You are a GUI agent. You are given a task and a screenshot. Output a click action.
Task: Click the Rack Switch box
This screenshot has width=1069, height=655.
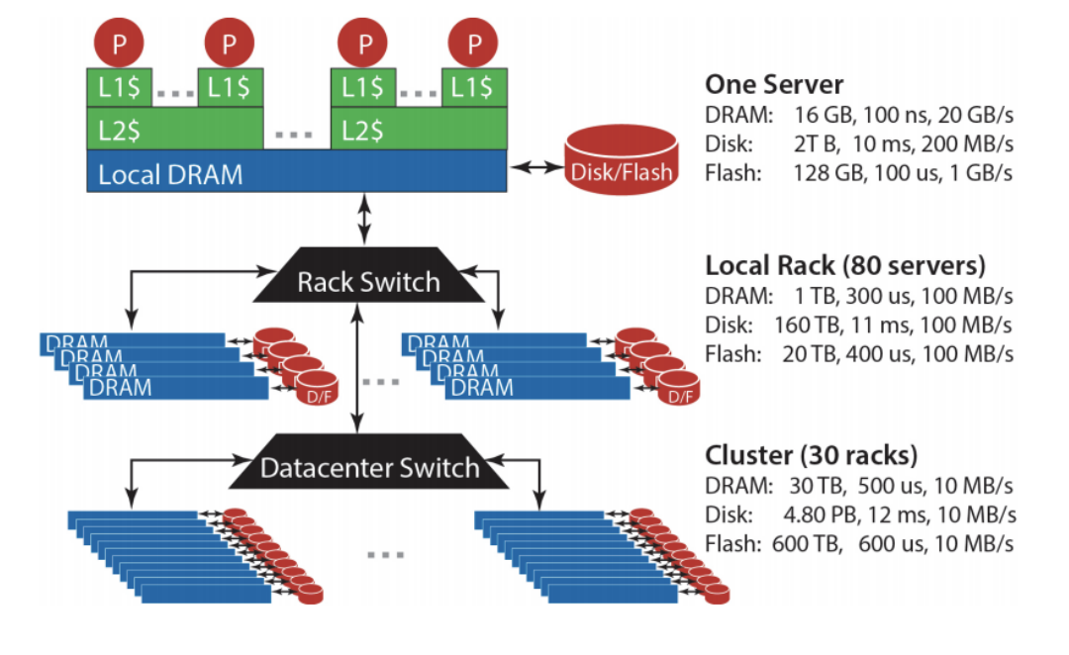click(368, 281)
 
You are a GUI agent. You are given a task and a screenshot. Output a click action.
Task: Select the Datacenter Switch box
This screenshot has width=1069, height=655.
click(368, 467)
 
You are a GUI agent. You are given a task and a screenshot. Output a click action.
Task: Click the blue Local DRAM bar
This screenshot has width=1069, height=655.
click(297, 174)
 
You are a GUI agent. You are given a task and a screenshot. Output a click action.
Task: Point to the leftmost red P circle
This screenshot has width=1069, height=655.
click(119, 44)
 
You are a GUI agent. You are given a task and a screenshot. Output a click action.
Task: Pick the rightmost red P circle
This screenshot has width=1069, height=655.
click(473, 44)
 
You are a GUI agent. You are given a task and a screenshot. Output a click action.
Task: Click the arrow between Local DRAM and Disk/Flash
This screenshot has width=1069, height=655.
click(534, 170)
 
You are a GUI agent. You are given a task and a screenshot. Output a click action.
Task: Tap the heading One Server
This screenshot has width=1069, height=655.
click(774, 84)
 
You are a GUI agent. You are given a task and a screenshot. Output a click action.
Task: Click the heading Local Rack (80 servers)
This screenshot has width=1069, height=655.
click(846, 265)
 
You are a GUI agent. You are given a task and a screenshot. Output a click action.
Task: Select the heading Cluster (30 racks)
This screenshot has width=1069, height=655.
click(812, 456)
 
